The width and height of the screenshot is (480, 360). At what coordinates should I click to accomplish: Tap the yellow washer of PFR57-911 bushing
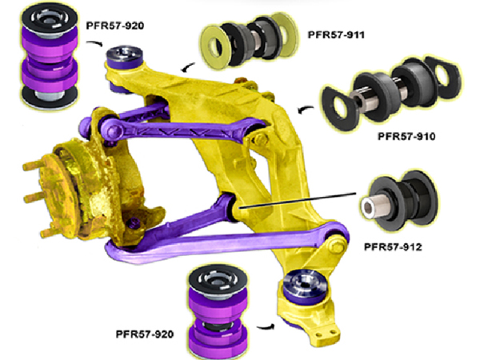pyautogui.click(x=214, y=46)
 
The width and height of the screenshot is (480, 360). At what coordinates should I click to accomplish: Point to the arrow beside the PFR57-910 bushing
pyautogui.click(x=306, y=107)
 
